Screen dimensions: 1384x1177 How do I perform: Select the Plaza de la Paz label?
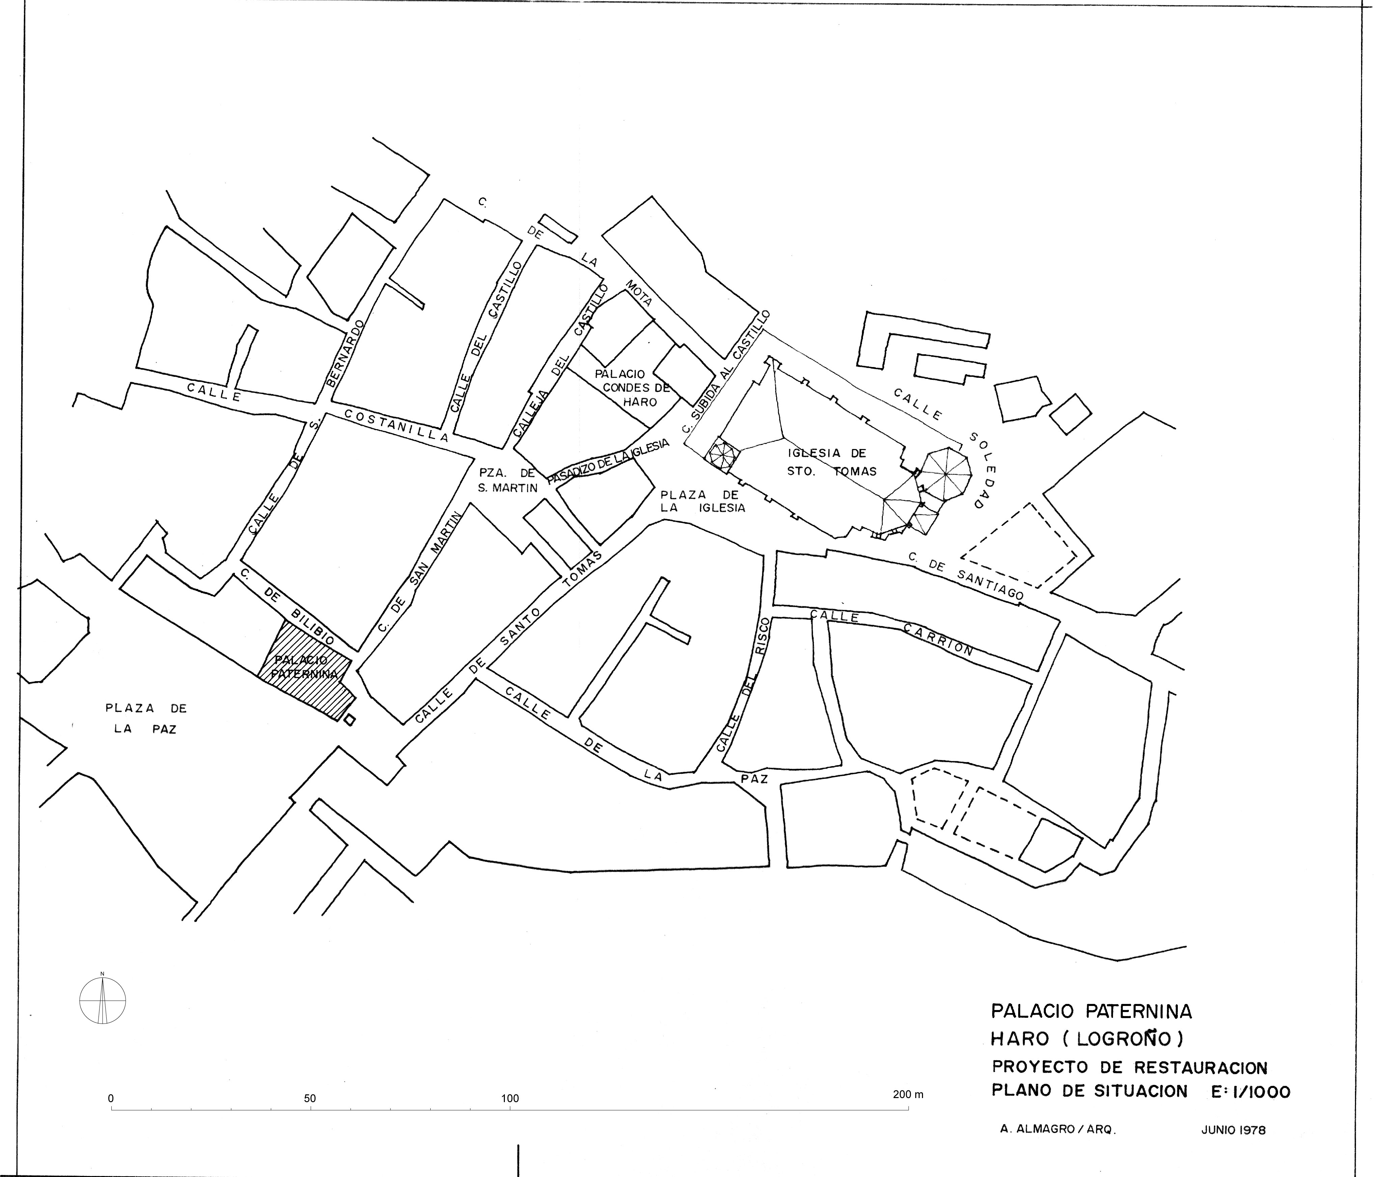coord(146,719)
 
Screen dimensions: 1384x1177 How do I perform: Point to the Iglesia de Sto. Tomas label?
coord(832,462)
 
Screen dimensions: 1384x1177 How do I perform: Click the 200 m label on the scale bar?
coord(908,1094)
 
